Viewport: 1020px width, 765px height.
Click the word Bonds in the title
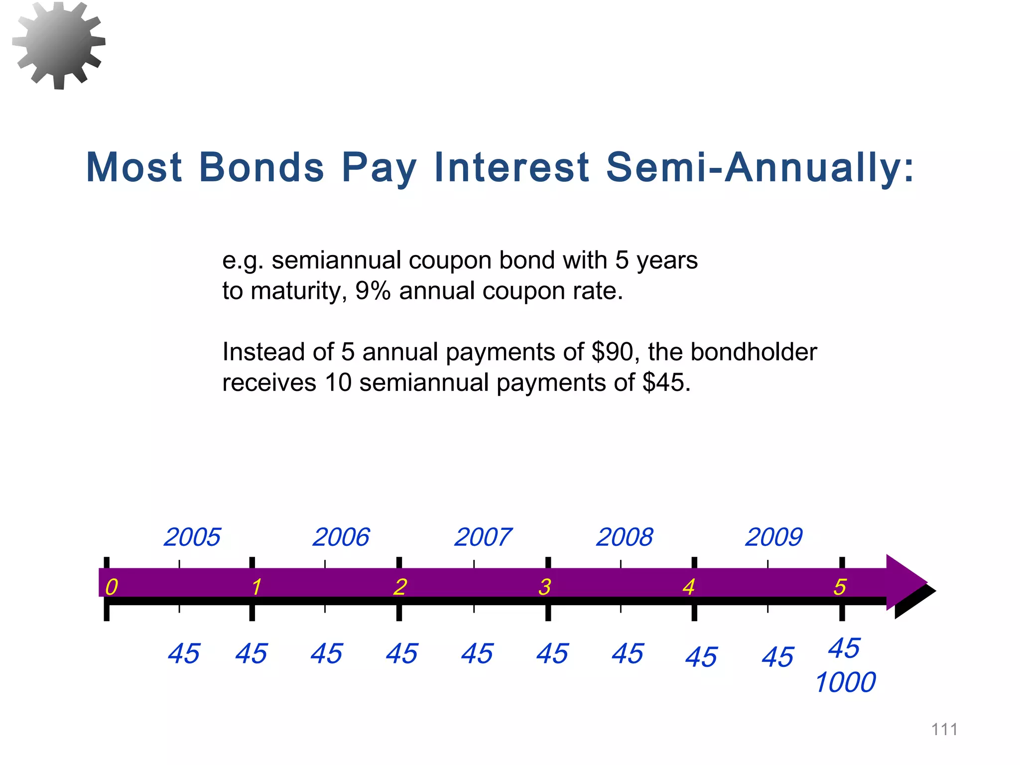pyautogui.click(x=261, y=167)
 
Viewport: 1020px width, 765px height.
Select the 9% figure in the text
pyautogui.click(x=373, y=291)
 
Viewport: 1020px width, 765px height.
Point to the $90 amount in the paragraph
pyautogui.click(x=612, y=352)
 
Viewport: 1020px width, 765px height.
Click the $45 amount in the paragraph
pyautogui.click(x=665, y=383)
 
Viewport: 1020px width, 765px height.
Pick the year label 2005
pyautogui.click(x=192, y=537)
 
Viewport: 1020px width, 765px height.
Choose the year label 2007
pyautogui.click(x=483, y=537)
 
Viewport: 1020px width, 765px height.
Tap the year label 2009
pyautogui.click(x=773, y=537)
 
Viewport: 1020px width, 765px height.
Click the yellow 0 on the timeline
pyautogui.click(x=112, y=587)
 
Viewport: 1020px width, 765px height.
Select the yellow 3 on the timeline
pyautogui.click(x=544, y=587)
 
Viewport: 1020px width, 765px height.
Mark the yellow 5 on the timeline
pyautogui.click(x=840, y=587)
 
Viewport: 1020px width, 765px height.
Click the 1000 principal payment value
pyautogui.click(x=845, y=682)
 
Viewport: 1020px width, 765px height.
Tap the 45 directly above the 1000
pyautogui.click(x=844, y=648)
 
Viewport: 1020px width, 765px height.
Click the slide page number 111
pyautogui.click(x=944, y=730)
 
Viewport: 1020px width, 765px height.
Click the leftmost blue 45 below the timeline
pyautogui.click(x=184, y=654)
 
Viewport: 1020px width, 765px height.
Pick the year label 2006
pyautogui.click(x=341, y=537)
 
